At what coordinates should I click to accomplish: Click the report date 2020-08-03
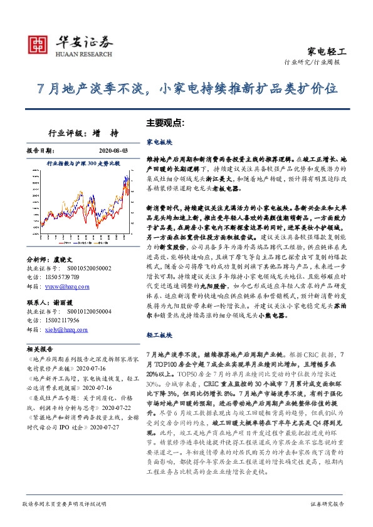coord(113,151)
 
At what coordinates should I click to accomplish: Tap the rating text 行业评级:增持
coord(83,133)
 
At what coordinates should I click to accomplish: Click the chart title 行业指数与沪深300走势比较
coord(83,163)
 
